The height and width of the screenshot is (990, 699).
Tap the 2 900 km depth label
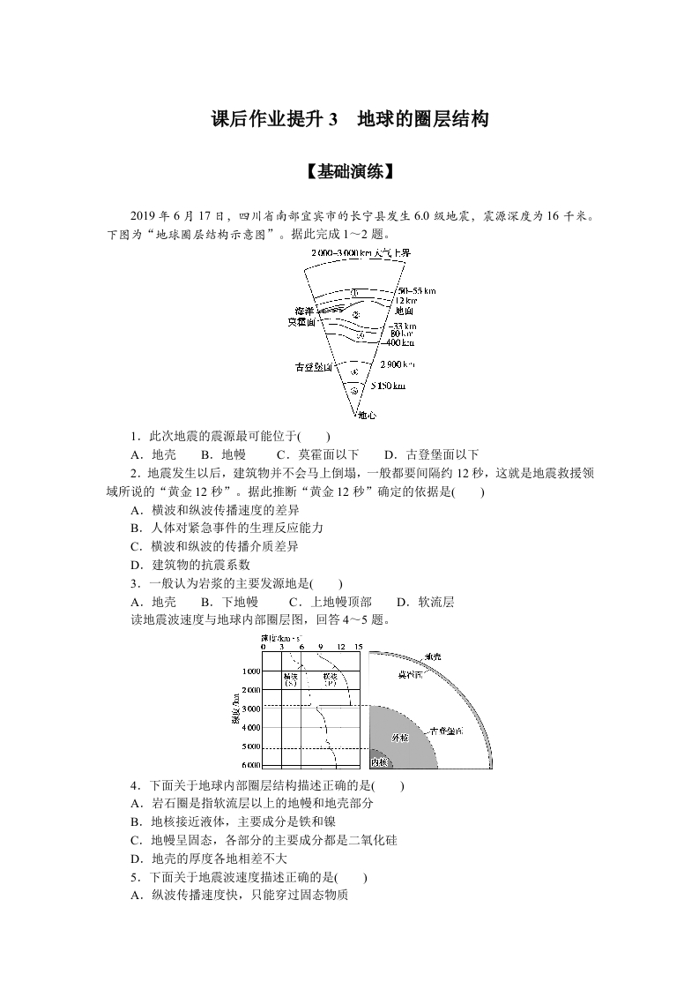pos(397,364)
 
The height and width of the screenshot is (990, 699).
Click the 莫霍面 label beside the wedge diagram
pos(301,322)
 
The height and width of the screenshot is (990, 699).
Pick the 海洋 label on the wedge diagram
pos(304,311)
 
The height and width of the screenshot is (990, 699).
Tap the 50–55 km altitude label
pos(417,290)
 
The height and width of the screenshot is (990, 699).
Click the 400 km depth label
pos(401,341)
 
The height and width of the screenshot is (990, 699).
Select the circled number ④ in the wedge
pos(354,372)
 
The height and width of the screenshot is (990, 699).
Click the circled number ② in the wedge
pos(355,314)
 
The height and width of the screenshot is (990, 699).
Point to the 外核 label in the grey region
pos(400,737)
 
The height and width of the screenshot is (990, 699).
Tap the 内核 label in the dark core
pos(379,761)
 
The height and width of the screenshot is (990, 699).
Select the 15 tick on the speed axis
pos(358,647)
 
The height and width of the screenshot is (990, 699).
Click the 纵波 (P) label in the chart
pos(331,679)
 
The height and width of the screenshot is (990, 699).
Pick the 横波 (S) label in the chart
pos(291,679)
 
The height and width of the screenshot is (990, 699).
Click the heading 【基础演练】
pos(350,172)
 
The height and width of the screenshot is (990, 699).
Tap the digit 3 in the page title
pos(332,119)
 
